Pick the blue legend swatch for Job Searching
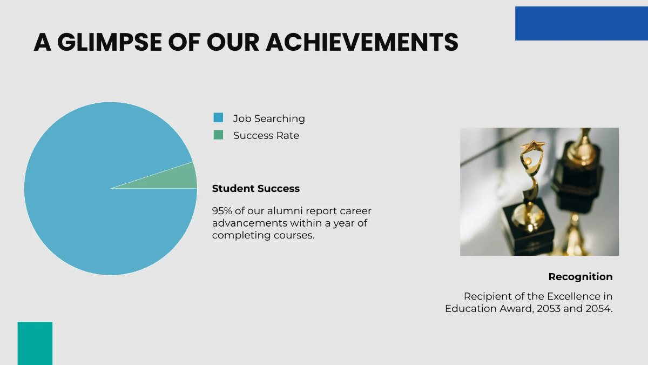pyautogui.click(x=218, y=117)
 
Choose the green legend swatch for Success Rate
pyautogui.click(x=218, y=135)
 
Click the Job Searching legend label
pyautogui.click(x=269, y=118)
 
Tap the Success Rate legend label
pyautogui.click(x=266, y=136)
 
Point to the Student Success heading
pyautogui.click(x=255, y=189)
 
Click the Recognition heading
pyautogui.click(x=580, y=277)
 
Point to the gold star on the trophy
pyautogui.click(x=532, y=146)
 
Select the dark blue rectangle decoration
pyautogui.click(x=581, y=23)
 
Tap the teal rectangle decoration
pyautogui.click(x=35, y=343)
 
